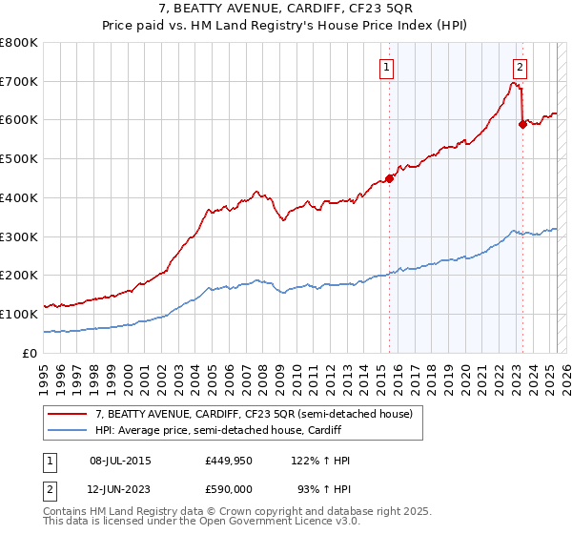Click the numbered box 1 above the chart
(x=387, y=67)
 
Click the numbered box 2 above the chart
(x=521, y=67)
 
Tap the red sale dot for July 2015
(x=389, y=178)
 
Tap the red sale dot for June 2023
(x=522, y=123)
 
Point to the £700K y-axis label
(x=19, y=82)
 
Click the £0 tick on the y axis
(x=31, y=353)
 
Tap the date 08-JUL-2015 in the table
(x=120, y=461)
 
